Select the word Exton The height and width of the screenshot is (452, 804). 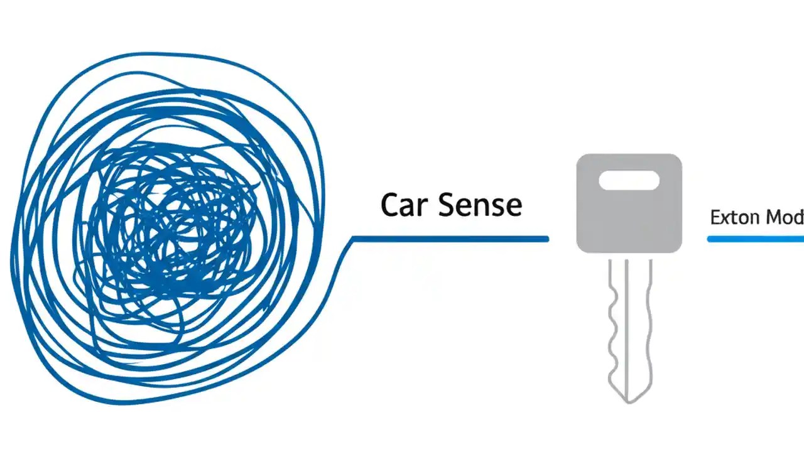pos(730,218)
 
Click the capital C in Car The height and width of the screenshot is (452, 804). pos(390,205)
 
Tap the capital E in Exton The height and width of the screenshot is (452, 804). pos(715,218)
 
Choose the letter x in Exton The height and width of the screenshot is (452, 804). pos(724,219)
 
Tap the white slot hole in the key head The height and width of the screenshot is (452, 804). pos(629,181)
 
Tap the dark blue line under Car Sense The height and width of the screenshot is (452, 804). pos(449,239)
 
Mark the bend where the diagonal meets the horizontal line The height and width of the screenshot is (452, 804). pos(352,239)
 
